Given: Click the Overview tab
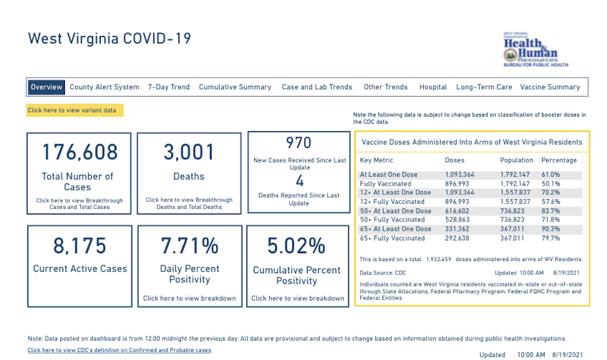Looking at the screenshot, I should [47, 87].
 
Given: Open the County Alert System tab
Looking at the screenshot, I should [104, 87].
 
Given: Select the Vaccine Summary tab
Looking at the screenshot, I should [550, 87].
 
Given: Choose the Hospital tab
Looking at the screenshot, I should [433, 87].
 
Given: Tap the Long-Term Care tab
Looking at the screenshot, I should [484, 87].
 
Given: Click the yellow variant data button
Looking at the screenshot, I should [75, 110].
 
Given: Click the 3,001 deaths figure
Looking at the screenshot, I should [189, 152].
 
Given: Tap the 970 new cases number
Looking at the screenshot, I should [299, 143].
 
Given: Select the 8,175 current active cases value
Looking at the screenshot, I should [80, 245].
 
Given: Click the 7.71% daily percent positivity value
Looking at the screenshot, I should [189, 245].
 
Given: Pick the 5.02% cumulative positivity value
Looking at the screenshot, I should [297, 245].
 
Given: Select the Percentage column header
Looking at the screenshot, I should [558, 160].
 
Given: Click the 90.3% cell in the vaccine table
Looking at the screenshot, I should [551, 229].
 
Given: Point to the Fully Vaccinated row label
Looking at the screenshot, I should [385, 183].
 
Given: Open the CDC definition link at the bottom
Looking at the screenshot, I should [119, 350].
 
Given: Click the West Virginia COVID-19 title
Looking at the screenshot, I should [109, 39].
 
